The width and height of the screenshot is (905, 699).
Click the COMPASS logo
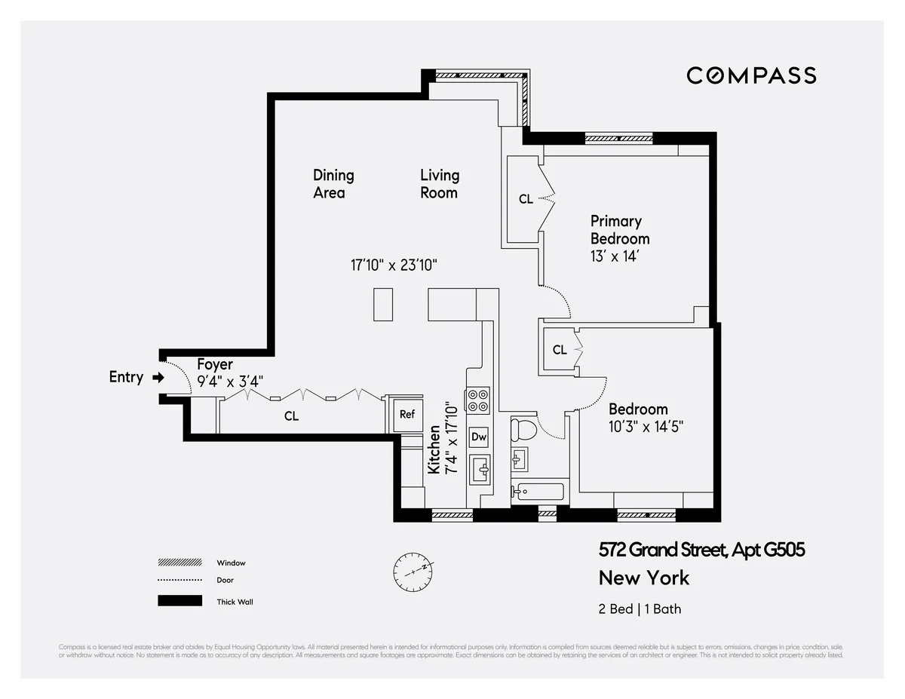coord(751,75)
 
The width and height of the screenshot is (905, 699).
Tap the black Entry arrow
coord(158,377)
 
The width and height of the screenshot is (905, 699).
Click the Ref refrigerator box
coord(407,414)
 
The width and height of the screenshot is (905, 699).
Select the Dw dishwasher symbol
coord(479,437)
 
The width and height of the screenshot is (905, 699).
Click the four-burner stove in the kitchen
coord(479,400)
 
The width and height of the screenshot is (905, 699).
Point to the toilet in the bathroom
coord(522,431)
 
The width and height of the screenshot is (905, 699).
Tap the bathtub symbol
coord(538,492)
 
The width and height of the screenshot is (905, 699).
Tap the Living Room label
coord(440,184)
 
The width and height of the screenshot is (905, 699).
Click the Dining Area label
coord(333,184)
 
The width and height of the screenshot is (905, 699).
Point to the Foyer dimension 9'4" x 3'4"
coord(230,381)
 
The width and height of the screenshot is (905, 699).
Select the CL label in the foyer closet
coord(292,416)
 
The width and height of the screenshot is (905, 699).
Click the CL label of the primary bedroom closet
coord(526,200)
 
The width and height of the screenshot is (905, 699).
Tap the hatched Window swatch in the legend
coord(179,563)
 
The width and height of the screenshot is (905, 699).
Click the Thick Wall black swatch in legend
coord(179,601)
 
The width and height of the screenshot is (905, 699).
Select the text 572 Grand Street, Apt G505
coord(701,550)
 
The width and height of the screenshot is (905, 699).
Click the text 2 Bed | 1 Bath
coord(640,609)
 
